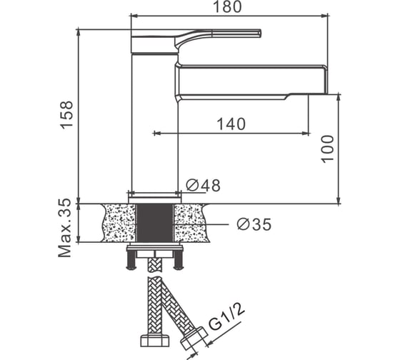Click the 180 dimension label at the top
tap(227, 7)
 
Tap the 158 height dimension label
tap(67, 114)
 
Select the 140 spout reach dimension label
tap(231, 124)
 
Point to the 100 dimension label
tap(327, 149)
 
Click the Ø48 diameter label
tap(203, 185)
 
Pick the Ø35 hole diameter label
tap(254, 224)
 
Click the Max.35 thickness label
tap(64, 228)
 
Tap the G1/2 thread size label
tap(226, 316)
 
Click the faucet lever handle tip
tap(259, 34)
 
